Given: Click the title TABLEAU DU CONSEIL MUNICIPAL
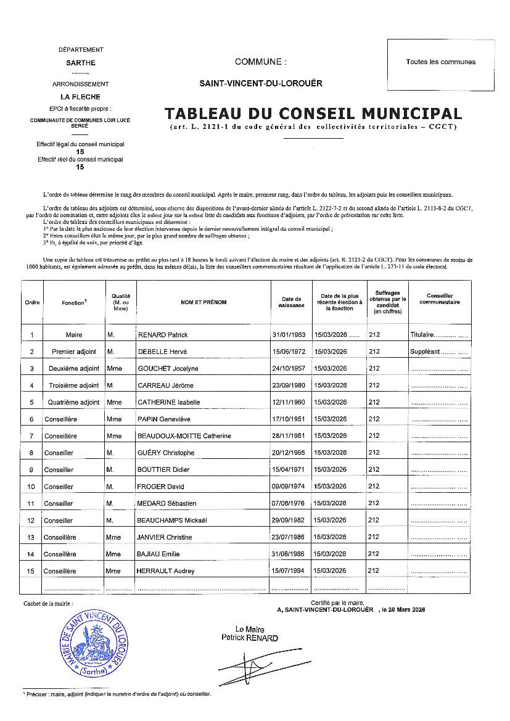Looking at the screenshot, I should coord(313,113).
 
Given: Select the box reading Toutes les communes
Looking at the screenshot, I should coord(440,62).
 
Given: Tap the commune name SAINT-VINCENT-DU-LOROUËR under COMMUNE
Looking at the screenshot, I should coord(260,83).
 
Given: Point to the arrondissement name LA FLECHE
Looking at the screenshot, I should coord(80,97).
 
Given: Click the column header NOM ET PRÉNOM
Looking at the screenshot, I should coord(204,302).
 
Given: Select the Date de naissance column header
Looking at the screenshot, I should coord(290,302).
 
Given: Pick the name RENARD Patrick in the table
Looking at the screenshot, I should coord(162,335).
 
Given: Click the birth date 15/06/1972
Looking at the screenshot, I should coord(290,352).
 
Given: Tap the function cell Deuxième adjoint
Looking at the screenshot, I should coord(73,369).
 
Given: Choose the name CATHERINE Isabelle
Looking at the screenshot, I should coord(168,402).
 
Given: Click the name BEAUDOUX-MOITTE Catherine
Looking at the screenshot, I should coord(184,436).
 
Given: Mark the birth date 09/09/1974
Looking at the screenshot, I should coord(290,487).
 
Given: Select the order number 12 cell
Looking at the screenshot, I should coord(31,521).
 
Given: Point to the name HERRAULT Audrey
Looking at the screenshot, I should coord(165,571).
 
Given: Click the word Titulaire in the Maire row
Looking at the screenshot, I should coord(422,335).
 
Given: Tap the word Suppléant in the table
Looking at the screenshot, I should coord(425,352).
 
